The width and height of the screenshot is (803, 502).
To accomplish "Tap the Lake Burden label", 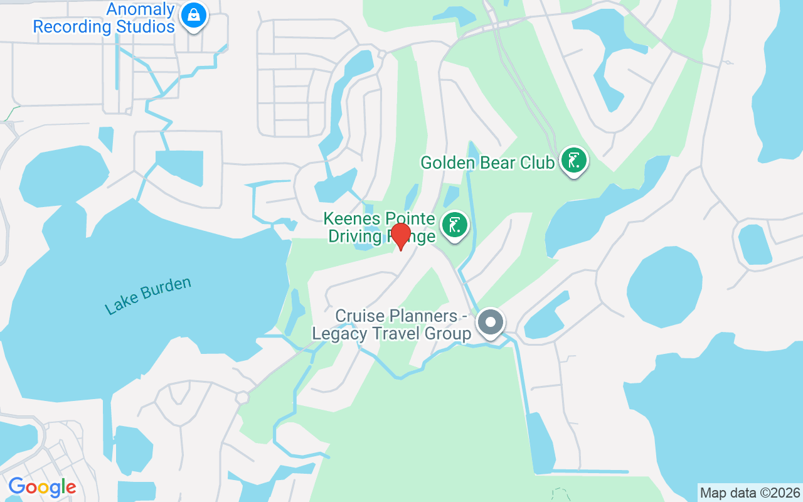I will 148,296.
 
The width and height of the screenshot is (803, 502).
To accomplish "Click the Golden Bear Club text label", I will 487,163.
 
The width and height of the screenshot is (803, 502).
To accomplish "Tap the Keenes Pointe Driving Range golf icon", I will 455,225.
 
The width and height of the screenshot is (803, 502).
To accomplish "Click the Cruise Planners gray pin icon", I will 491,323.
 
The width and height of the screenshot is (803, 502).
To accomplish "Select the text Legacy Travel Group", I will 391,333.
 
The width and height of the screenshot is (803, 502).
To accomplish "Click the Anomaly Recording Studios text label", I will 104,18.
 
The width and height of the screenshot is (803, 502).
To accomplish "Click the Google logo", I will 42,487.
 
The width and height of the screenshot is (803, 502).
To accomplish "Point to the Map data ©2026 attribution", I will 750,493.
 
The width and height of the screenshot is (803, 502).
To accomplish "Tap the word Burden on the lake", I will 167,290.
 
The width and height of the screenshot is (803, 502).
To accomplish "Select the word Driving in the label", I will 355,237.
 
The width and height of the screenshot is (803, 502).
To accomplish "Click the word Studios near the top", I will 144,28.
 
